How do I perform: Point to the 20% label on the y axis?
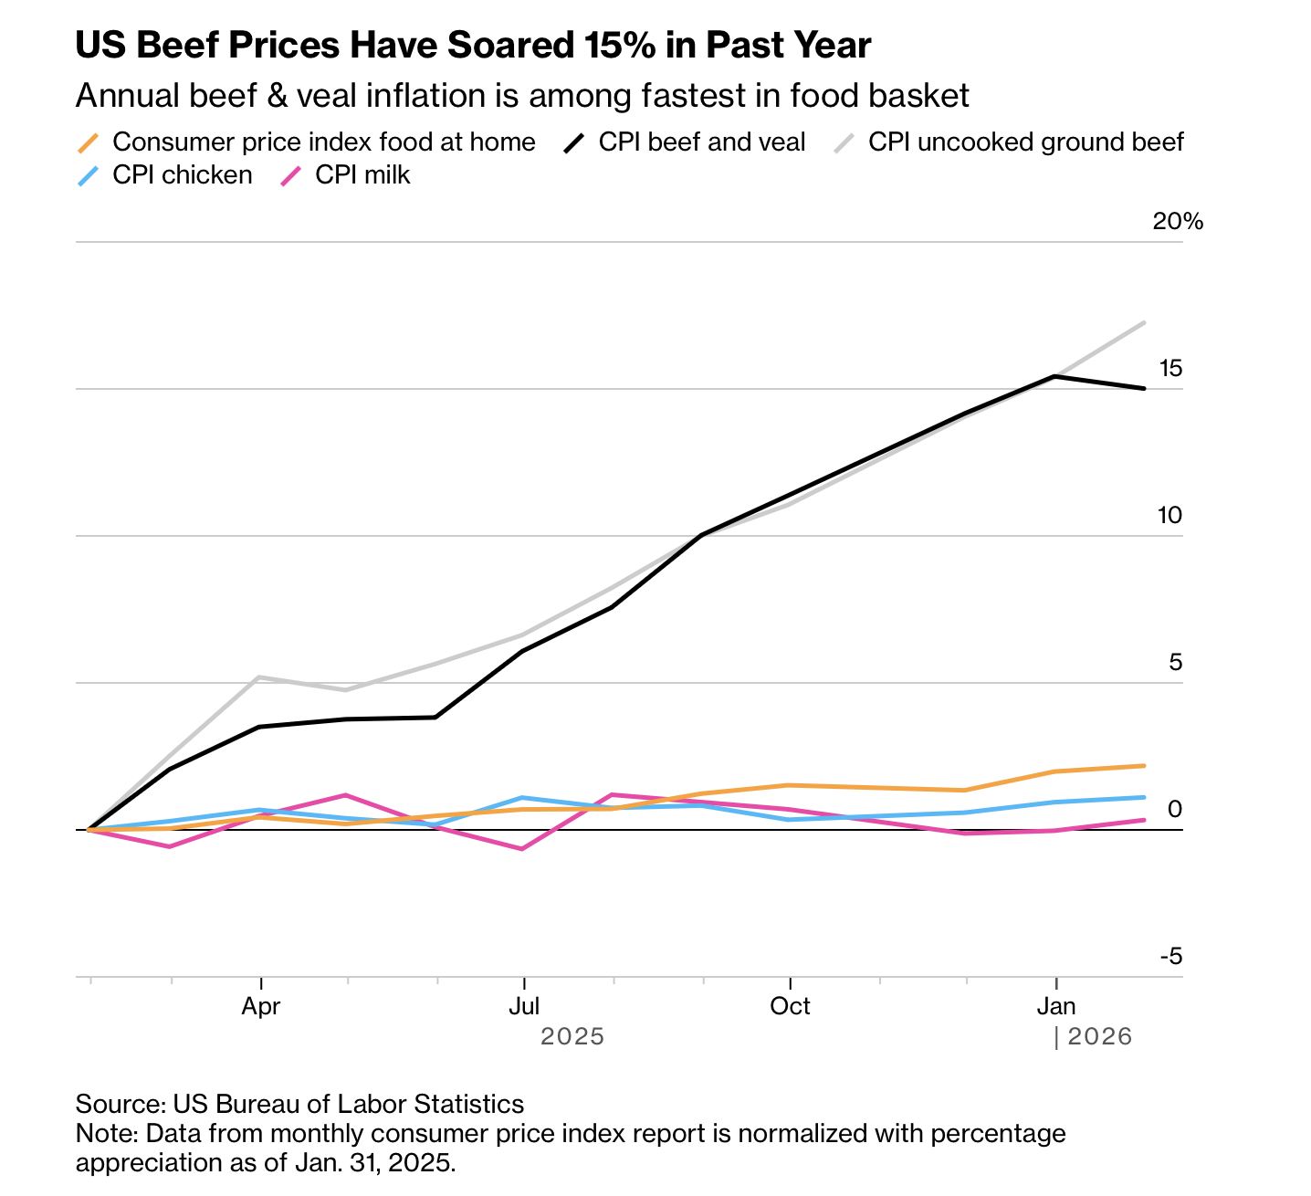coord(1178,221)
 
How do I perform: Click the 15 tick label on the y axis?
coord(1170,368)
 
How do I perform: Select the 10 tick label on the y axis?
coord(1169,515)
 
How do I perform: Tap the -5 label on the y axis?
coord(1170,956)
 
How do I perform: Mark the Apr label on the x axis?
coord(261,1006)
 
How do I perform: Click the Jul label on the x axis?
coord(524,1006)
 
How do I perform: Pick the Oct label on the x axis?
coord(790,1006)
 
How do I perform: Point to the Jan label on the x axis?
coord(1056,1006)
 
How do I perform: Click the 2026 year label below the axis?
coord(1099,1036)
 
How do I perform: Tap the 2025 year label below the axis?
coord(572,1036)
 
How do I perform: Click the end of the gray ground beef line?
coord(1144,322)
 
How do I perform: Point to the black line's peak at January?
coord(1056,376)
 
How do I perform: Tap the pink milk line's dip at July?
coord(522,849)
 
